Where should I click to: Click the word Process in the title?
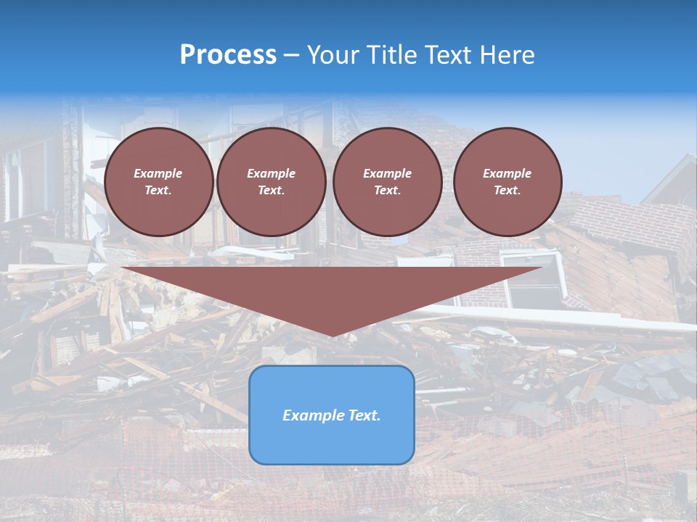(x=228, y=55)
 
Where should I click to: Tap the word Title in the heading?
(x=390, y=55)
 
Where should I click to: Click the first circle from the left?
(x=158, y=182)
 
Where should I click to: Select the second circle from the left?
(x=271, y=182)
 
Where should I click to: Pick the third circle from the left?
(x=387, y=182)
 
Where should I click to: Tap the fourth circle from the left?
(x=507, y=182)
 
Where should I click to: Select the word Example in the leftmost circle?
(x=158, y=173)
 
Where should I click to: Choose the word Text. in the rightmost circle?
(x=507, y=191)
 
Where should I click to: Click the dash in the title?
(x=291, y=55)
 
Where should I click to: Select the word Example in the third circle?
(x=387, y=173)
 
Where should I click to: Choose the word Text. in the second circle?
(x=271, y=191)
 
